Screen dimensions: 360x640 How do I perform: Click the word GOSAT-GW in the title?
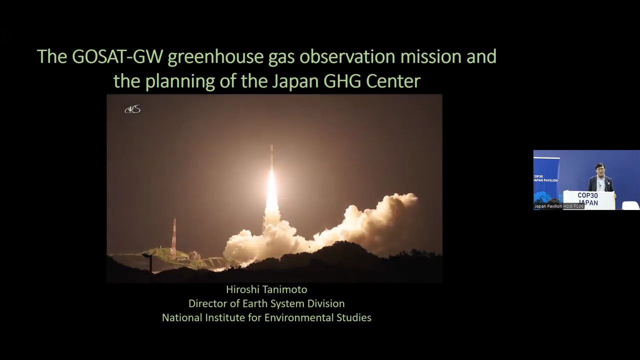pyautogui.click(x=117, y=56)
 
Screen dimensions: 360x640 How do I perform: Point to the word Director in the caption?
pyautogui.click(x=206, y=303)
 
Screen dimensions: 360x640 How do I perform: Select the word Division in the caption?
pyautogui.click(x=325, y=303)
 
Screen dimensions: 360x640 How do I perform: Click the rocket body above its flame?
pyautogui.click(x=271, y=157)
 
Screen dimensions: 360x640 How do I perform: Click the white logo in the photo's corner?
pyautogui.click(x=132, y=109)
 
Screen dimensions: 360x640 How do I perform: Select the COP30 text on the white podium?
pyautogui.click(x=587, y=195)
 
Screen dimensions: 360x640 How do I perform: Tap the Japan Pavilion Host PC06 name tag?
pyautogui.click(x=558, y=206)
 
